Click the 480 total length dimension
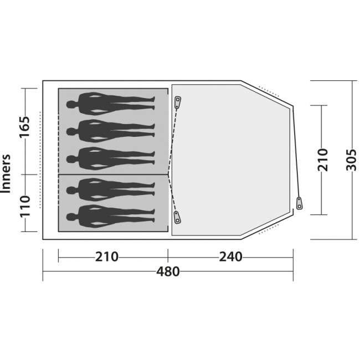coord(168,271)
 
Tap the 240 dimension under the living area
coord(230,257)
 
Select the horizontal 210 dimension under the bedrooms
coord(107,257)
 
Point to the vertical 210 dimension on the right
coord(322,160)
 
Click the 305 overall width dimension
coord(351,160)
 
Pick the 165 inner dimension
coord(24,127)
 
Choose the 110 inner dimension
coord(25,206)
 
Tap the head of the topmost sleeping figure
coord(70,105)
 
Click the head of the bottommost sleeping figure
coord(70,217)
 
